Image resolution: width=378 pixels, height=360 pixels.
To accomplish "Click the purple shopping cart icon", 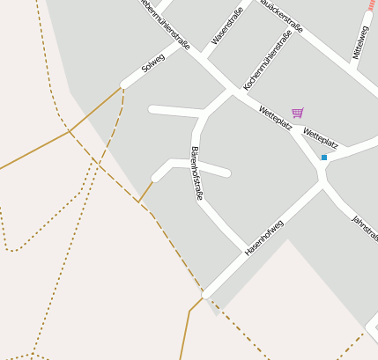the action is click(298, 113).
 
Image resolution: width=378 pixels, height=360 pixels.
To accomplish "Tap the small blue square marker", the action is click(324, 157).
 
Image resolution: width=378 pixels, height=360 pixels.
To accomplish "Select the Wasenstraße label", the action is click(227, 26).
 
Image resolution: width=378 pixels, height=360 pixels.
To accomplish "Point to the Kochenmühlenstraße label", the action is click(267, 60).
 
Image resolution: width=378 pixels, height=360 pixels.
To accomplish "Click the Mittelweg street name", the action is click(359, 41).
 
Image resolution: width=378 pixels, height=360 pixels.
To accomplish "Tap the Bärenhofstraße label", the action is click(196, 173).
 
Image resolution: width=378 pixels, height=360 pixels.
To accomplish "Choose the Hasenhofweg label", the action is click(263, 238).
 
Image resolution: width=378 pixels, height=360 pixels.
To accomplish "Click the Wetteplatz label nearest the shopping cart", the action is click(275, 117).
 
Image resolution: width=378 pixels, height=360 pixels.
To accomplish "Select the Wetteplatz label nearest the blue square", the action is click(320, 137).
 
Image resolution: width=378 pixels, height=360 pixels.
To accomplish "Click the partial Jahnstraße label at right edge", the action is click(364, 228).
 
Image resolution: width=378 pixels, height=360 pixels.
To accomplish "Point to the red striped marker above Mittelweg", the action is click(372, 4).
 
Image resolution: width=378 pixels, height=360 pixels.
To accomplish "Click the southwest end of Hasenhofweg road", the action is click(208, 292).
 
